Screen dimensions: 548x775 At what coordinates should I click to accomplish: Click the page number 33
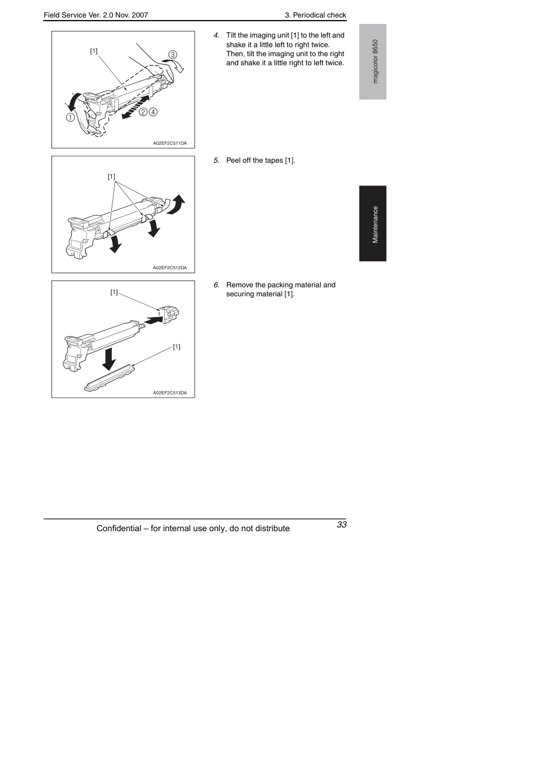pos(341,524)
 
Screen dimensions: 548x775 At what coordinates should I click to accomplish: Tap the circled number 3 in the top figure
pos(173,55)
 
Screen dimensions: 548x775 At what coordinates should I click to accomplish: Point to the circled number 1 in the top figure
pos(70,117)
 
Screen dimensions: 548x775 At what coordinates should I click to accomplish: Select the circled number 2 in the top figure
pos(143,112)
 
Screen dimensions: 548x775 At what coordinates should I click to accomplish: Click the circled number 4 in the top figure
pos(153,112)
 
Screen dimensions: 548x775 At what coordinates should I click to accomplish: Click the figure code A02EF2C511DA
pos(170,143)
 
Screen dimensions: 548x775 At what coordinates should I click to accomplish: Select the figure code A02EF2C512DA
pos(170,268)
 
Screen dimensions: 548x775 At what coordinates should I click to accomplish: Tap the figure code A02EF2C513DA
pos(170,393)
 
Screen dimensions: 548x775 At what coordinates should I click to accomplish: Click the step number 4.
pos(216,36)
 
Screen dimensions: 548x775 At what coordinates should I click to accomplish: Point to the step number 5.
pos(216,161)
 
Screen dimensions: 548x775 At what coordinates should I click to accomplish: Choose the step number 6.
pos(216,285)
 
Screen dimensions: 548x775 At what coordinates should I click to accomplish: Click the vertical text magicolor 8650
pos(375,61)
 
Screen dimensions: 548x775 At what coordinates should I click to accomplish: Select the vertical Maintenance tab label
pos(375,225)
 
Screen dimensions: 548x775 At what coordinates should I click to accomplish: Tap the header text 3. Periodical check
pos(315,15)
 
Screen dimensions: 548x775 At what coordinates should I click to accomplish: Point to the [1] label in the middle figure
pos(111,177)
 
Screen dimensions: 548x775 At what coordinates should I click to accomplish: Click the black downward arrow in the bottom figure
pos(109,359)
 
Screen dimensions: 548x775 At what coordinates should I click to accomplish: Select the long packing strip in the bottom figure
pos(109,378)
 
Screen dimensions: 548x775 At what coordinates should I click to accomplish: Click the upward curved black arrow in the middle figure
pos(176,205)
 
